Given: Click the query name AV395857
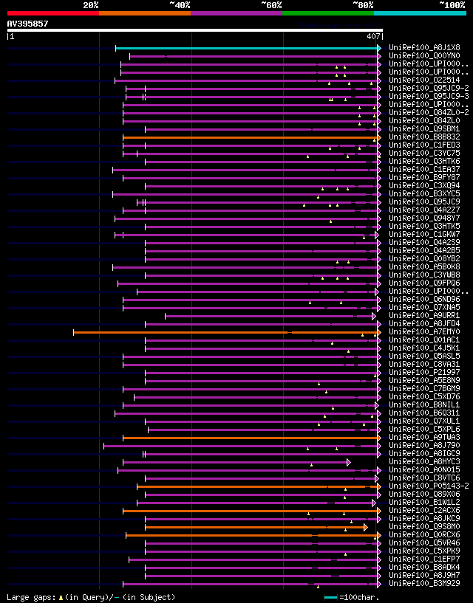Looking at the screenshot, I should (x=27, y=24).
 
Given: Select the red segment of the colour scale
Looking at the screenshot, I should (x=52, y=13).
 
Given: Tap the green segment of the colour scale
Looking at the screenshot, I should (x=327, y=13).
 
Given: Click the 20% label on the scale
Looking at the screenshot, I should (x=91, y=4).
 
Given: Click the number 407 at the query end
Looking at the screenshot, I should (x=373, y=36).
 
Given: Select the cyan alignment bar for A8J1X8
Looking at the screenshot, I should (x=248, y=48).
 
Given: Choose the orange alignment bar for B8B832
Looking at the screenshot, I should (x=251, y=137).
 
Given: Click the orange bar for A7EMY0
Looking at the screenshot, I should (x=222, y=332).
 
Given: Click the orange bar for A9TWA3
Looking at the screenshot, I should (x=251, y=438).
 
